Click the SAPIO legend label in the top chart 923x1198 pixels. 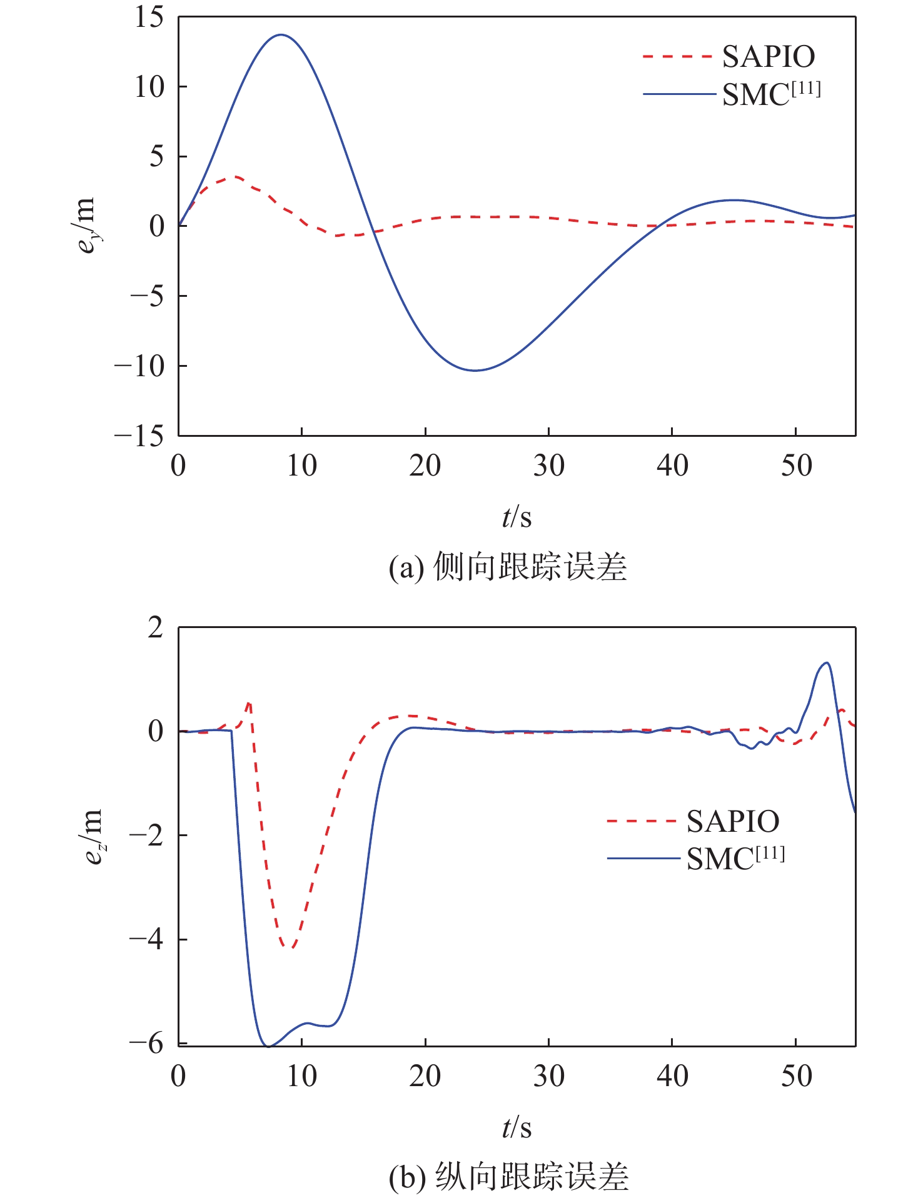tap(768, 57)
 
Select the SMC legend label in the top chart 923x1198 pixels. tap(770, 94)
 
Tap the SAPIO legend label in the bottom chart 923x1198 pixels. tap(732, 821)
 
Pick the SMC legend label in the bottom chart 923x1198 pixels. tap(735, 858)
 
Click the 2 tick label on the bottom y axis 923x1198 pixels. tap(156, 627)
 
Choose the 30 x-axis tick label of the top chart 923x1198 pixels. tap(548, 466)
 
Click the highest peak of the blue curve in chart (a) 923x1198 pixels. tap(281, 35)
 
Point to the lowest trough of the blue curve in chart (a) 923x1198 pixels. tap(475, 371)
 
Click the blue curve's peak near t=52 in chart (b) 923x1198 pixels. tap(827, 662)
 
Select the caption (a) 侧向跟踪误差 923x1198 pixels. tap(507, 567)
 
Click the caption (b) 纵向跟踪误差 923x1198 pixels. tap(508, 1177)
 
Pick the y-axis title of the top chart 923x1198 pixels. tap(86, 225)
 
